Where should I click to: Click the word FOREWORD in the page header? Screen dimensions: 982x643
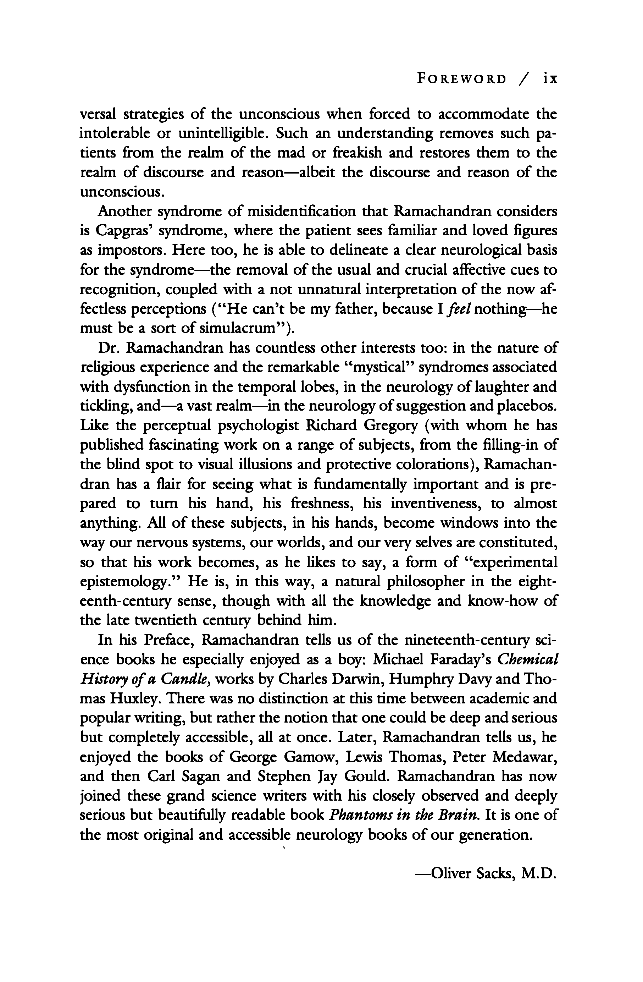pyautogui.click(x=461, y=78)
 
